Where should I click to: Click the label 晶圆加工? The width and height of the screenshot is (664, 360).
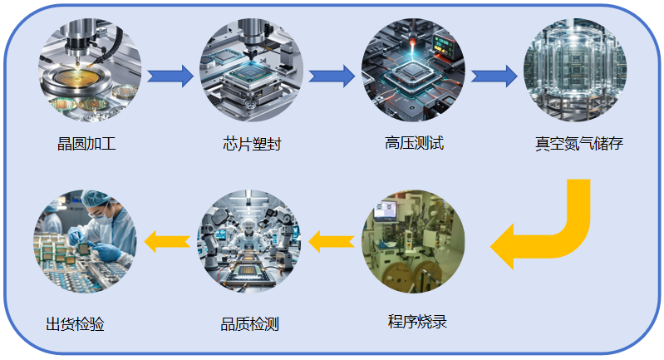(x=86, y=144)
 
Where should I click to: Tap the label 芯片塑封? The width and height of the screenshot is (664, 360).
(x=252, y=144)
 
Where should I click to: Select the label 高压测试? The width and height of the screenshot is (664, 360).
(x=414, y=143)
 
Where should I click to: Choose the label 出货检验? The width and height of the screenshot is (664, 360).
(x=75, y=323)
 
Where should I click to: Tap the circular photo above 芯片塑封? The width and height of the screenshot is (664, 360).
(x=252, y=74)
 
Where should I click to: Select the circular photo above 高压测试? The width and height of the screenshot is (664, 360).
(x=413, y=74)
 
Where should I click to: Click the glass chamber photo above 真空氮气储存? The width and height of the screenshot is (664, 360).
(x=575, y=74)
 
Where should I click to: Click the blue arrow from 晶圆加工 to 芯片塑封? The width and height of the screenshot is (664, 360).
(x=170, y=76)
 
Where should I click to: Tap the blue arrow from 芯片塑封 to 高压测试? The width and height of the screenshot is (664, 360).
(x=332, y=76)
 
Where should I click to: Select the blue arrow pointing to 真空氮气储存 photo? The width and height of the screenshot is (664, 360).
(x=494, y=76)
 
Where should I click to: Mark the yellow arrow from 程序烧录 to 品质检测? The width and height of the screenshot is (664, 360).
(x=332, y=242)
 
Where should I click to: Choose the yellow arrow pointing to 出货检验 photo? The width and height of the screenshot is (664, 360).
(x=167, y=241)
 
